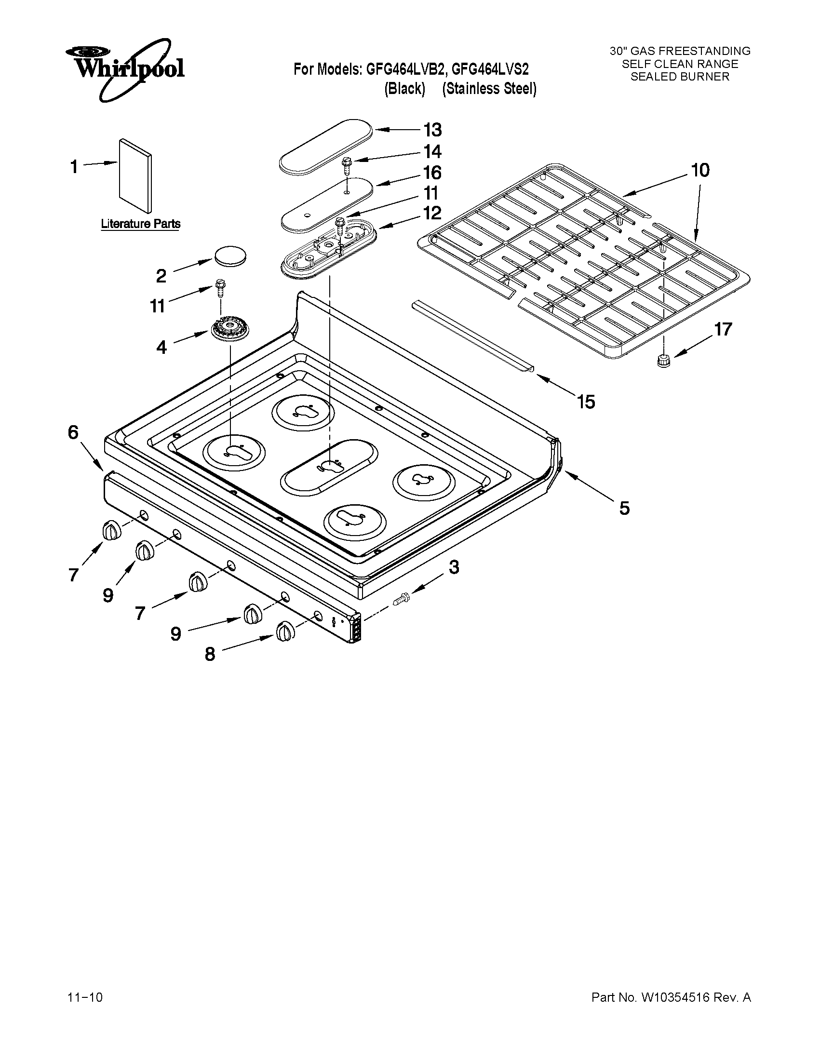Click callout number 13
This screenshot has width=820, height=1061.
pos(432,130)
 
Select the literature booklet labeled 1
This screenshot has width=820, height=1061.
pos(135,176)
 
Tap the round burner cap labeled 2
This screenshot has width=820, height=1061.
pos(229,255)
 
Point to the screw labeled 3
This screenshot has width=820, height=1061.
pos(401,601)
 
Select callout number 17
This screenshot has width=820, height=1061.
pos(722,329)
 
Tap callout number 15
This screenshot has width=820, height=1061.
pos(586,402)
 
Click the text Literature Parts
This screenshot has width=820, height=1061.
pos(140,224)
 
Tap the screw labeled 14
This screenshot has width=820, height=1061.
pos(347,166)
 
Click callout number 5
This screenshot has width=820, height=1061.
pos(624,509)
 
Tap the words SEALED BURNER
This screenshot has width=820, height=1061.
pos(680,77)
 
